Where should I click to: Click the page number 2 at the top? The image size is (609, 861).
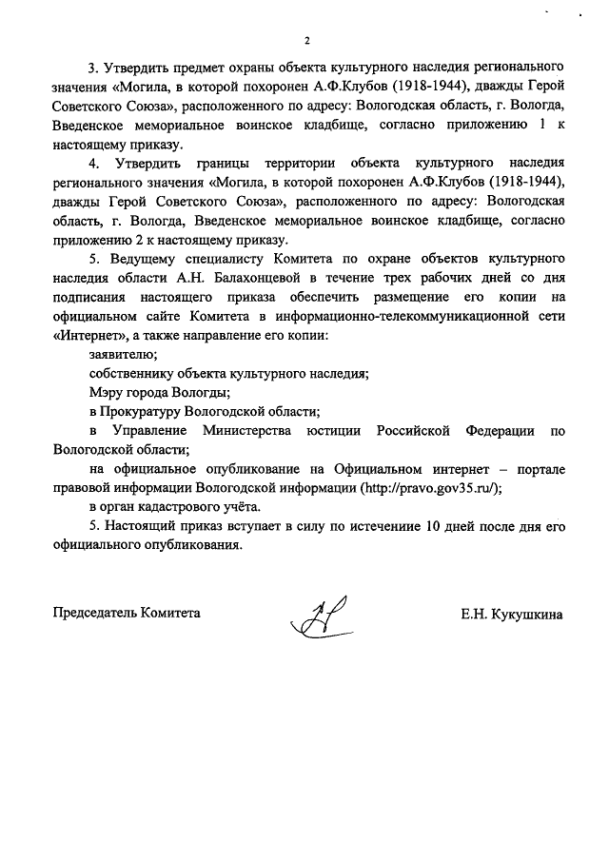306,41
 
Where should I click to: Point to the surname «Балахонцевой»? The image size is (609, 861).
250,277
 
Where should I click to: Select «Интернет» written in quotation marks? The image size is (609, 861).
88,336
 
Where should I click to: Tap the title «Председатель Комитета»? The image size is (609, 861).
127,615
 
